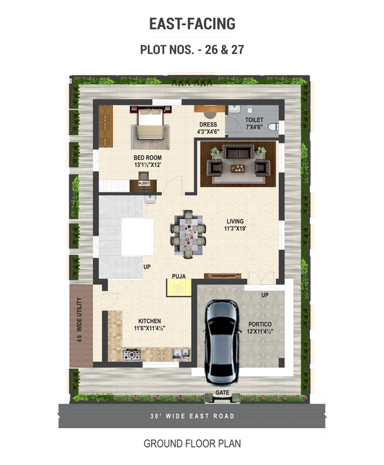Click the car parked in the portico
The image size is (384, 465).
tap(223, 342)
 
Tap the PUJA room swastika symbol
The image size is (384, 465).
tap(178, 287)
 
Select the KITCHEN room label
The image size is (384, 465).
tap(150, 321)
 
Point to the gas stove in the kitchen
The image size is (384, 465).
tap(132, 355)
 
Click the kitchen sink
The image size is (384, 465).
tap(181, 354)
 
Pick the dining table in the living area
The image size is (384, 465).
tap(188, 234)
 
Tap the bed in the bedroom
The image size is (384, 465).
tap(150, 124)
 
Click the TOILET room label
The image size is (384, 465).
tap(254, 120)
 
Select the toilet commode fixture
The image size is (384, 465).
tap(273, 127)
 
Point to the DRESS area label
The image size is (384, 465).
tap(208, 125)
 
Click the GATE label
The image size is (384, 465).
tap(222, 393)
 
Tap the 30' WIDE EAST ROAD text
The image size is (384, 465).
tap(192, 416)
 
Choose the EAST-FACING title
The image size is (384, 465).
tap(192, 24)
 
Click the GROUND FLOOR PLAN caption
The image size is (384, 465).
tap(192, 444)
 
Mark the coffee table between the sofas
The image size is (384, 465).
tap(238, 169)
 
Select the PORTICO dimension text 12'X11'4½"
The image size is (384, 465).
tap(260, 331)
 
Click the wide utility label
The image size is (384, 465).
tap(79, 320)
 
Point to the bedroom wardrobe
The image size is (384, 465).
tap(105, 126)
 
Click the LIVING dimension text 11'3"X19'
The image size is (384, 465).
tap(236, 229)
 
